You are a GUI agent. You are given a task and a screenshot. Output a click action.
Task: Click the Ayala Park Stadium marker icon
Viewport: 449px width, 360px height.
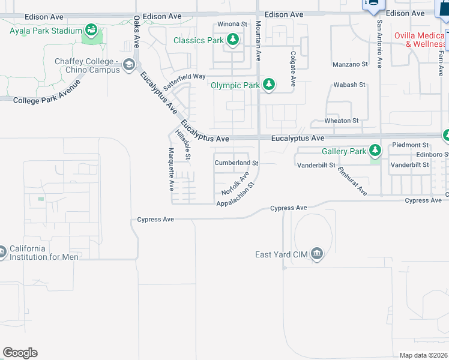point(91,29)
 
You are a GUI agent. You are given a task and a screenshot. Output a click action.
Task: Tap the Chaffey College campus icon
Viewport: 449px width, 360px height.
point(128,65)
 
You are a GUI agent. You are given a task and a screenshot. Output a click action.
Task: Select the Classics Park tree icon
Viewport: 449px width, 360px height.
point(233,41)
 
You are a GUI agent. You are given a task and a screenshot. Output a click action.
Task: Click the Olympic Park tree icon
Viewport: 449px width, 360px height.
point(270,85)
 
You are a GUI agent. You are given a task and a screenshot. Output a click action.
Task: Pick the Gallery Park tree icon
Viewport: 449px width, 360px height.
point(375,150)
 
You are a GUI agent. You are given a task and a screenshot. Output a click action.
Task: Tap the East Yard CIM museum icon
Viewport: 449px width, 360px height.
point(318,254)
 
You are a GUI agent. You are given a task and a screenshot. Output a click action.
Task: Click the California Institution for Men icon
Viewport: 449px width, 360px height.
point(2,252)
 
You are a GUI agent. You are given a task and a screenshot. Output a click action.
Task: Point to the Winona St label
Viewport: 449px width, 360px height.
point(232,24)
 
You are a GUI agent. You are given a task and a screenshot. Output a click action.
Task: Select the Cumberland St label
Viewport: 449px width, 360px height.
point(237,163)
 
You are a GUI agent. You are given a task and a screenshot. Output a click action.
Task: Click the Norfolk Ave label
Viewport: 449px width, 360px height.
point(235,183)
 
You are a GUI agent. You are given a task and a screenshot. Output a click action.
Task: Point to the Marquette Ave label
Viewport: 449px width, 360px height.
point(171,169)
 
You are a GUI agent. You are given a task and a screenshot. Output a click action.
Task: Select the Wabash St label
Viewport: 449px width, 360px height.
point(349,85)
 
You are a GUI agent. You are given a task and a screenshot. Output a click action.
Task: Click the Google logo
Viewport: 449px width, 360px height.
point(20,352)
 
